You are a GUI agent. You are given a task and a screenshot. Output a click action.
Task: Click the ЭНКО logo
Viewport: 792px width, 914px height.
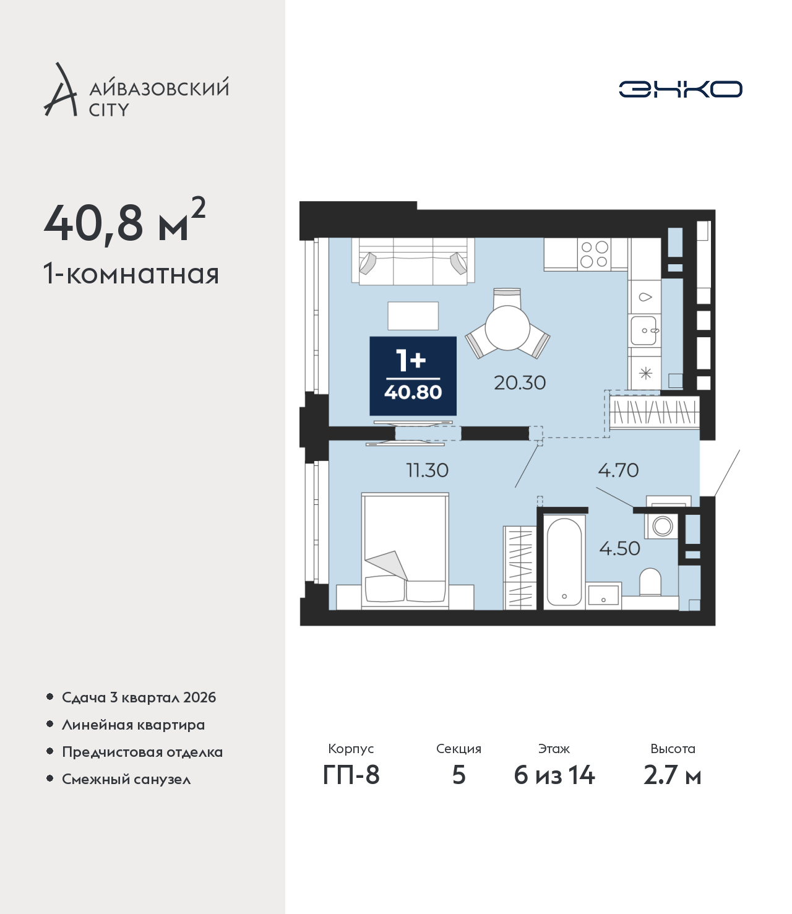(x=680, y=89)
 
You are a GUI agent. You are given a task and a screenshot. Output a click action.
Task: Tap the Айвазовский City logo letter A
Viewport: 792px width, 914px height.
(x=60, y=90)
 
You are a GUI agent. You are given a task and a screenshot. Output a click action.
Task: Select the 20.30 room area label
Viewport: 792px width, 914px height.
(x=520, y=383)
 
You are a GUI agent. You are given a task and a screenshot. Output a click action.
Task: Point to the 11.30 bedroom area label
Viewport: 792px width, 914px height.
(x=427, y=470)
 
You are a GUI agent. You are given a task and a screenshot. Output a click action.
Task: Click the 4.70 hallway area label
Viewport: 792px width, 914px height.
(x=618, y=470)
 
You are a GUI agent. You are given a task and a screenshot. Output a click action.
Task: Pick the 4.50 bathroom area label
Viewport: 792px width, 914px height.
(x=619, y=549)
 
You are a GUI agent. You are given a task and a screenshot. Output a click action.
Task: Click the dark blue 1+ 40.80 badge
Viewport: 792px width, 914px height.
(x=413, y=376)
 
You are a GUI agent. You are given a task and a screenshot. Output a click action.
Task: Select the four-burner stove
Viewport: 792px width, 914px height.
(x=595, y=254)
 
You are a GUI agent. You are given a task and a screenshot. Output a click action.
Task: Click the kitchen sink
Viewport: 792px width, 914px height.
(x=644, y=330)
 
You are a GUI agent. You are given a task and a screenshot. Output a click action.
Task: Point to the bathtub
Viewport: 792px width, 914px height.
(x=564, y=561)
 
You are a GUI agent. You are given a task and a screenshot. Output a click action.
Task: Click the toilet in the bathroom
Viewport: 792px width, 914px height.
(x=650, y=582)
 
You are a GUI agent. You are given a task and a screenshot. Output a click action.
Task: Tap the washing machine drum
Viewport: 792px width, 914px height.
(x=663, y=526)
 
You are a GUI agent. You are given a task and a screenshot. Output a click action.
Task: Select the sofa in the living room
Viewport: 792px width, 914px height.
(x=413, y=261)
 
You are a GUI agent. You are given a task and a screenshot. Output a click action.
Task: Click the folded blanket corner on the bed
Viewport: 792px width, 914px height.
(x=387, y=566)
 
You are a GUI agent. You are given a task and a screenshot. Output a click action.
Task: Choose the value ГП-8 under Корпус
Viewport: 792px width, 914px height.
(x=351, y=775)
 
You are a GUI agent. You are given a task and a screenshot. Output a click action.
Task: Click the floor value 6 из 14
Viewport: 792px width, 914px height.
(x=554, y=775)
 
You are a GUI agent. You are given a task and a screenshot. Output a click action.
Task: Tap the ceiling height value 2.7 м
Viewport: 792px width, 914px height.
(x=672, y=775)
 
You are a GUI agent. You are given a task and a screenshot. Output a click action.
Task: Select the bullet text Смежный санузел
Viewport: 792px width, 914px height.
(x=126, y=779)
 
